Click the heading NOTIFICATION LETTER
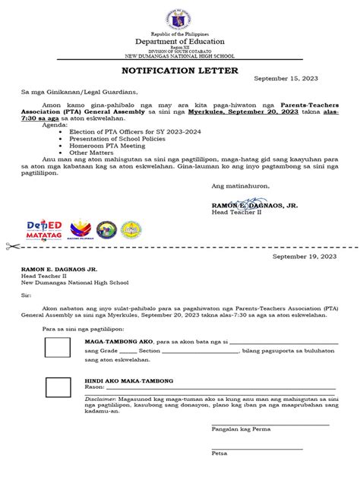pyautogui.click(x=181, y=71)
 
